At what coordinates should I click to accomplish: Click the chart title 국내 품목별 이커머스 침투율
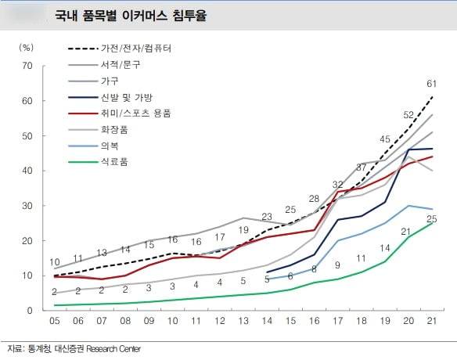pyautogui.click(x=130, y=15)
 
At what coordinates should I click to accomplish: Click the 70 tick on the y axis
pyautogui.click(x=27, y=66)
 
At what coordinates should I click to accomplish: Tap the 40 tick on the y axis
pyautogui.click(x=27, y=171)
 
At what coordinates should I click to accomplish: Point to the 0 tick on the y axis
pyautogui.click(x=30, y=311)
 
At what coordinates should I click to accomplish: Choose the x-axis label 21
pyautogui.click(x=431, y=322)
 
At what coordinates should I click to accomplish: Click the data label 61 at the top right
pyautogui.click(x=430, y=84)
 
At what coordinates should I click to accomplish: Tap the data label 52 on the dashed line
pyautogui.click(x=408, y=115)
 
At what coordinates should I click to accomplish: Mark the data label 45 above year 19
pyautogui.click(x=385, y=139)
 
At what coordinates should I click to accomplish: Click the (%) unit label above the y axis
pyautogui.click(x=27, y=48)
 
